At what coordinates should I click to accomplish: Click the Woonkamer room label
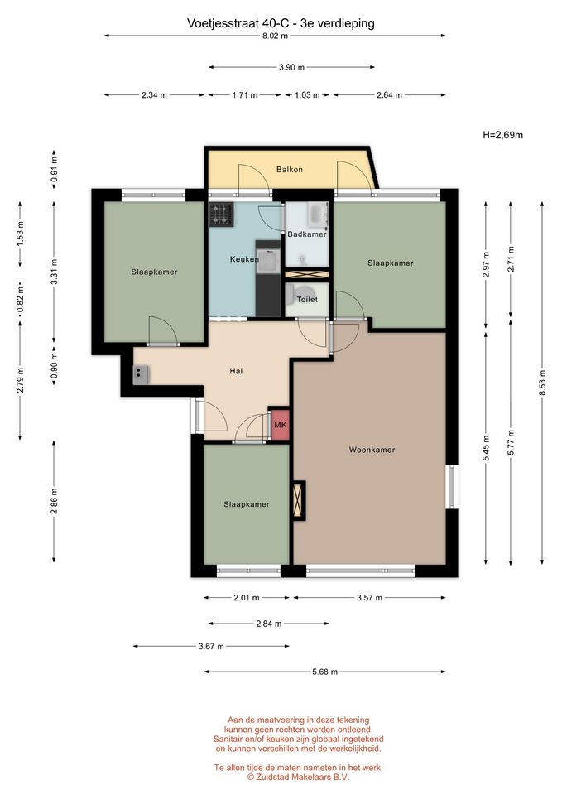372,450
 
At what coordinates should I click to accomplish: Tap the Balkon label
290,169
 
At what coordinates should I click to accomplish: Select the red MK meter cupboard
280,424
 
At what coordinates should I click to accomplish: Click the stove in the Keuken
221,214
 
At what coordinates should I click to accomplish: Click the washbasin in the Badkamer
319,214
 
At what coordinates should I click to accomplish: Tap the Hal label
236,371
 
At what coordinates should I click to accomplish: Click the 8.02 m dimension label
275,36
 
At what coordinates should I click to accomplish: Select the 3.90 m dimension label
292,67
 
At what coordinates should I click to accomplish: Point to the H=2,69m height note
502,135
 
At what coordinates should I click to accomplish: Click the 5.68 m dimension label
324,672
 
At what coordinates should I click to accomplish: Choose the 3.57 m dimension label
369,598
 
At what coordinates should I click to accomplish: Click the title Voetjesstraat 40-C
238,23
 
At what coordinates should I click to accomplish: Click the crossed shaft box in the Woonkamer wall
298,500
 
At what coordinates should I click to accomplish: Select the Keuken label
244,259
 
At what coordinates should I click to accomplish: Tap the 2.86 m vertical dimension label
54,502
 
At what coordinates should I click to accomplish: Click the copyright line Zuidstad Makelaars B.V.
299,778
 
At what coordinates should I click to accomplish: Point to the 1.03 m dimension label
307,94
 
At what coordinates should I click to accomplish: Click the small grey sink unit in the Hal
141,374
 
